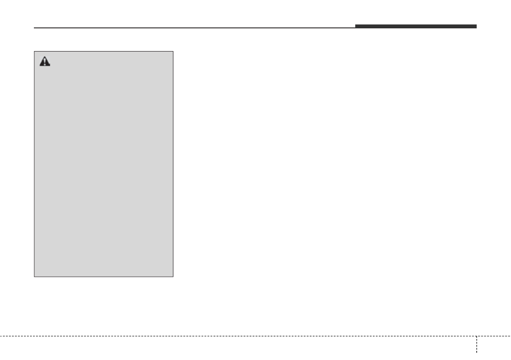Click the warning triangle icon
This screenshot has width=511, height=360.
click(45, 62)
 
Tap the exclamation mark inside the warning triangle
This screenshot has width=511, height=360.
click(45, 63)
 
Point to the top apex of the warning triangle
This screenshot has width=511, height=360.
click(45, 57)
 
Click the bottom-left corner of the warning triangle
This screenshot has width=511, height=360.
click(39, 66)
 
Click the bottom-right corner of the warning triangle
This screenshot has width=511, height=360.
click(50, 66)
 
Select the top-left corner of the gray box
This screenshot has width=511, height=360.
click(34, 51)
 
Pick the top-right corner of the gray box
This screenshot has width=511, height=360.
click(173, 51)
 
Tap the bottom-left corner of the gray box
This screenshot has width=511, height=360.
click(34, 277)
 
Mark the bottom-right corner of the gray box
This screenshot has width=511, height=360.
click(173, 277)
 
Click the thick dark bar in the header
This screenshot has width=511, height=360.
click(415, 27)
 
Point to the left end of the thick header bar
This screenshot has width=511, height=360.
click(355, 27)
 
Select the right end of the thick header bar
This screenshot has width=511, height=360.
click(476, 27)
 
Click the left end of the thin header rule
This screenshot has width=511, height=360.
click(34, 28)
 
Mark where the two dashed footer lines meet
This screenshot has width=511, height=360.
click(476, 336)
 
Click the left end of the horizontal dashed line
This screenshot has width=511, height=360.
click(0, 336)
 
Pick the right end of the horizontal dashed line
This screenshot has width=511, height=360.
click(510, 336)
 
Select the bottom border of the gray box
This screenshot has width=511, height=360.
click(103, 277)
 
